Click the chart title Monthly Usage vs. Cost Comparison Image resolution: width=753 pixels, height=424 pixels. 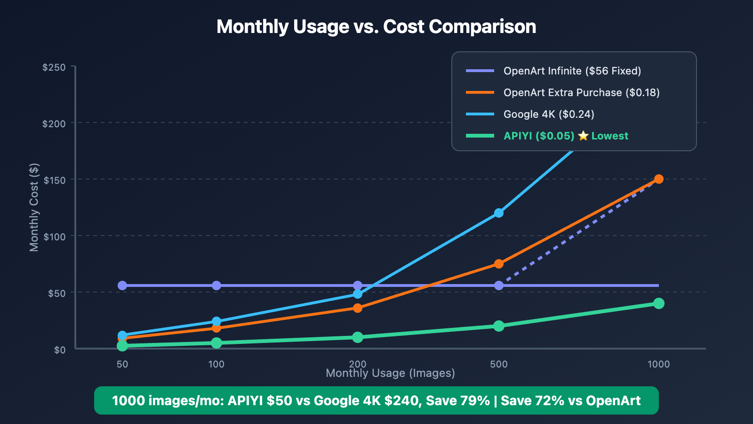[376, 27]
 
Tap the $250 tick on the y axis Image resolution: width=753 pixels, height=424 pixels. [54, 67]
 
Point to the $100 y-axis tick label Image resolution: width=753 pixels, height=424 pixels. [55, 236]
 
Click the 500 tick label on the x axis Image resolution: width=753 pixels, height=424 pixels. [498, 364]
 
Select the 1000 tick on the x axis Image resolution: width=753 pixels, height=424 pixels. [658, 364]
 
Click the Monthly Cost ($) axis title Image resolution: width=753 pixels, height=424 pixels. [34, 207]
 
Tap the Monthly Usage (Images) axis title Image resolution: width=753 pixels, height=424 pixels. [390, 374]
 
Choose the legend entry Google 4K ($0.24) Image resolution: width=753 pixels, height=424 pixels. [549, 114]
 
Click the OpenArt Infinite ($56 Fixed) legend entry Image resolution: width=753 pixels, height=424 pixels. [572, 71]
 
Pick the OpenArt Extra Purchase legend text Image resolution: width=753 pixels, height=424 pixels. [581, 92]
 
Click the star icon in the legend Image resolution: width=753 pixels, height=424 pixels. [583, 136]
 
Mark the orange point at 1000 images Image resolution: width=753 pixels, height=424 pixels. [658, 179]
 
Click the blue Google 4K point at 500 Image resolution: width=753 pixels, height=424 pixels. [498, 213]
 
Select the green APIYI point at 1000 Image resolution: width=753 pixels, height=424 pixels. [658, 303]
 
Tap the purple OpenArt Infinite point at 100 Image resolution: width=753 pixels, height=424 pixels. [216, 285]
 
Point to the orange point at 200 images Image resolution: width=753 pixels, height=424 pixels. [357, 308]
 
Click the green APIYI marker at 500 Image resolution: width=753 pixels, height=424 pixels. [498, 326]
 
